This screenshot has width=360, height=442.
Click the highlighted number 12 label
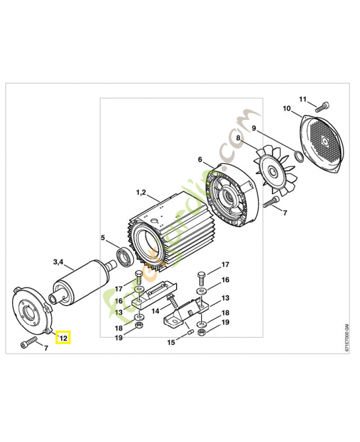tap(63, 337)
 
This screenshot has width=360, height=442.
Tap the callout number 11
tap(303, 99)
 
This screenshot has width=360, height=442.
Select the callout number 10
tap(287, 108)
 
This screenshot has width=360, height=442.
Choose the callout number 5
tap(103, 238)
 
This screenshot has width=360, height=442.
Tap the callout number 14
tap(156, 311)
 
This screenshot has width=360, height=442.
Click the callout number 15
tap(171, 343)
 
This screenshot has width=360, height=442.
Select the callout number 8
tap(238, 138)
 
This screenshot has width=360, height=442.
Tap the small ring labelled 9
tap(298, 156)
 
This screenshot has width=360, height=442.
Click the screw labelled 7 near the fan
tap(270, 204)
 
